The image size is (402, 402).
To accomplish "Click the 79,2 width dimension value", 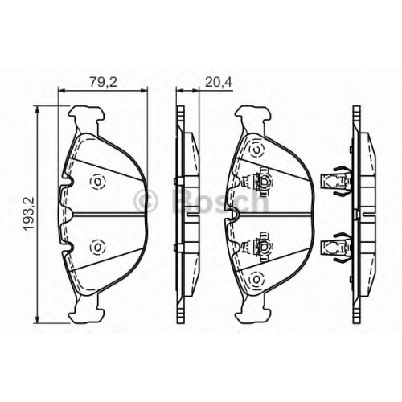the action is tap(103, 82).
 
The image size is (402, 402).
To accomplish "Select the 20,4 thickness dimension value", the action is tap(218, 82).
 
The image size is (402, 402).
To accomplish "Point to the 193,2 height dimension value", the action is tap(29, 213).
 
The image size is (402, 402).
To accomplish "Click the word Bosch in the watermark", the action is tap(219, 200).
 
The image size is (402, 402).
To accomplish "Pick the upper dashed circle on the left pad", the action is tap(97, 183).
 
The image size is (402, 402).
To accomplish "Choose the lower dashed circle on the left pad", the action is tap(97, 246).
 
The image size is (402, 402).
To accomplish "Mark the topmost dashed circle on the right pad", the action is tap(256, 150).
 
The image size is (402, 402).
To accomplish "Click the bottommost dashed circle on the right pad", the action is tap(256, 279).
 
